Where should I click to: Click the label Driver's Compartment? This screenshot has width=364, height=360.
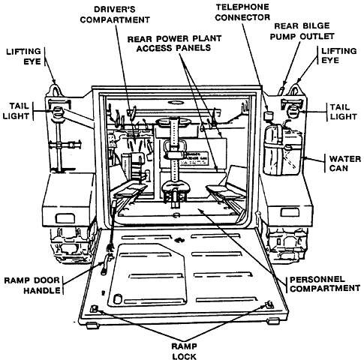click(115, 14)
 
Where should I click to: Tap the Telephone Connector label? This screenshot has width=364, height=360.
click(242, 12)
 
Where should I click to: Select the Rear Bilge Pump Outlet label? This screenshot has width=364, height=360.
click(302, 31)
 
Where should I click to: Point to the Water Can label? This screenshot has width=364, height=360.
click(345, 163)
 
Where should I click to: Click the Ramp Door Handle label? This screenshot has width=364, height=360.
click(32, 285)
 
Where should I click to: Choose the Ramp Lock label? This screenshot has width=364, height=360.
click(184, 351)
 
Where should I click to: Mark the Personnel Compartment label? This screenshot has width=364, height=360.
click(325, 283)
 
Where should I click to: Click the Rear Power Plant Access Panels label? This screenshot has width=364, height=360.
click(174, 43)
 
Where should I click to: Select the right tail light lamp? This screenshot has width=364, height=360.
click(293, 110)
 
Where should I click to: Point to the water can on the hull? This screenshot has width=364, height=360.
click(283, 150)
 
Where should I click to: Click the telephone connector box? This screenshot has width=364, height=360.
click(269, 115)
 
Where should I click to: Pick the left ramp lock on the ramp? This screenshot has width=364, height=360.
click(94, 309)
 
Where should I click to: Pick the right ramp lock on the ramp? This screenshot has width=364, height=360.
click(269, 304)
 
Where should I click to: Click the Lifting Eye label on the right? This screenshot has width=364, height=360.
click(338, 55)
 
